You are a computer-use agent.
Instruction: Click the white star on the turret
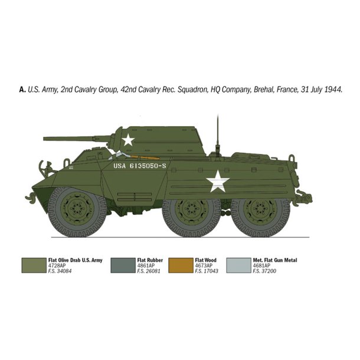[128, 140]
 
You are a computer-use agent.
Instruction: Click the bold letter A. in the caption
[22, 90]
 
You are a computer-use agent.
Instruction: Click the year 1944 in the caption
[332, 90]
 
